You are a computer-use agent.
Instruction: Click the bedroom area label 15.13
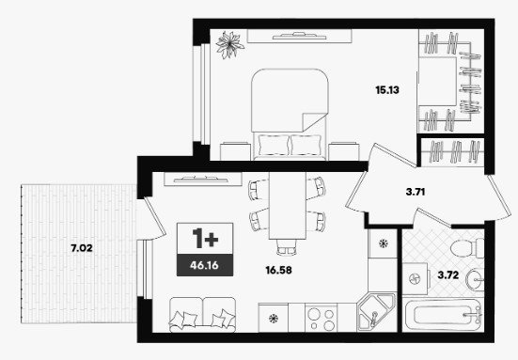387,90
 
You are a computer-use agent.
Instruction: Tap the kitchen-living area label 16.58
278,270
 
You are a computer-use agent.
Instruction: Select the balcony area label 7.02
82,248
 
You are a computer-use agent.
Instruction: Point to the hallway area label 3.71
416,192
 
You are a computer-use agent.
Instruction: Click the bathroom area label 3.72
448,274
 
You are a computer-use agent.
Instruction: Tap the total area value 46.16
205,265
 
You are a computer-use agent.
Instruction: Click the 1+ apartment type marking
205,239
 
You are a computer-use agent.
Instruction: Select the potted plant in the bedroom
229,44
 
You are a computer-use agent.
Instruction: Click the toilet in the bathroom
467,248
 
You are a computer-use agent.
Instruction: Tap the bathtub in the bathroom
443,315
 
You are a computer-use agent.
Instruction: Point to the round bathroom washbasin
475,280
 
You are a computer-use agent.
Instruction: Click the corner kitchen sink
376,312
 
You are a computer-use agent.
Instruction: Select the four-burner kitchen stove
322,318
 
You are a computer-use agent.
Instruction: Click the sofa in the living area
202,315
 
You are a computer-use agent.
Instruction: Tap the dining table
288,206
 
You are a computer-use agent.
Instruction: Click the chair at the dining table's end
287,247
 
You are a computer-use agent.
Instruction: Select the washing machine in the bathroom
415,279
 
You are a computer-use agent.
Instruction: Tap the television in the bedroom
299,36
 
